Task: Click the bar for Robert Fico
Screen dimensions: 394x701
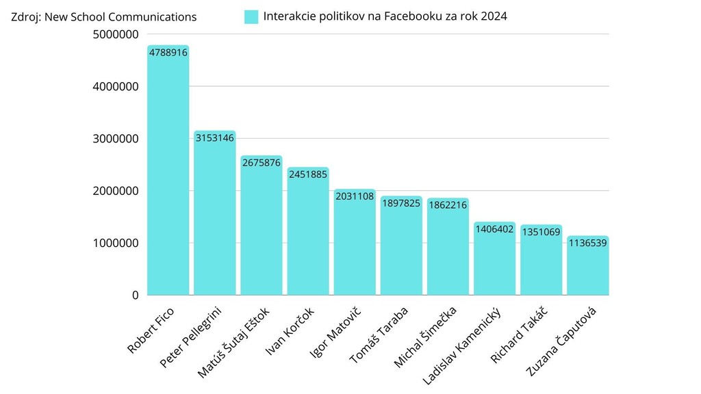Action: click(168, 171)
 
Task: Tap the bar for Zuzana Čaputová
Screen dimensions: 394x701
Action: click(587, 266)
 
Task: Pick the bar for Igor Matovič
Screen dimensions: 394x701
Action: click(355, 243)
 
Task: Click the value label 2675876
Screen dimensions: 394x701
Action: click(261, 163)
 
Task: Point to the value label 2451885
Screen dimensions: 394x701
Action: click(307, 174)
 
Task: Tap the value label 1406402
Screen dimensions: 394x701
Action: click(494, 229)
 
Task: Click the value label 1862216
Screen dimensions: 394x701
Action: click(448, 205)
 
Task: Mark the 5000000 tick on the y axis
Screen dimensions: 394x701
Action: click(116, 34)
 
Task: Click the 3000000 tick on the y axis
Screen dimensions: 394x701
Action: click(116, 139)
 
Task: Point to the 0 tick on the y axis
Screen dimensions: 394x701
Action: click(135, 295)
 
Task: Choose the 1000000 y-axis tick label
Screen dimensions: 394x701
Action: click(116, 244)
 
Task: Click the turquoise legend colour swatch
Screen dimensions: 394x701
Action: click(251, 17)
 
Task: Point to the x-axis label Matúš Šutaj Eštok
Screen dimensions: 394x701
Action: click(233, 343)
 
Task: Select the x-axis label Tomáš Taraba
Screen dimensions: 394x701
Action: click(379, 335)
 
